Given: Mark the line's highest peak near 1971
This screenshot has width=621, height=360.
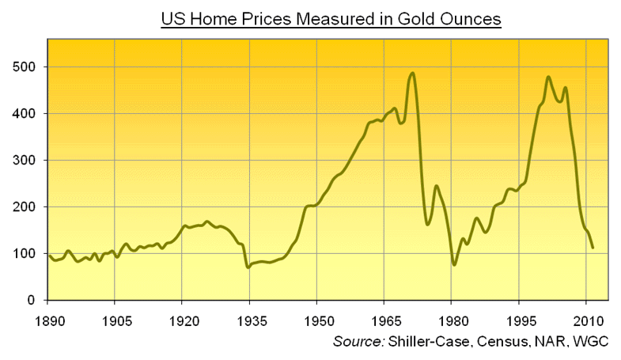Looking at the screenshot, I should tap(412, 74).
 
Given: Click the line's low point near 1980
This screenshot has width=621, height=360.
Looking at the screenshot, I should tap(454, 264).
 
